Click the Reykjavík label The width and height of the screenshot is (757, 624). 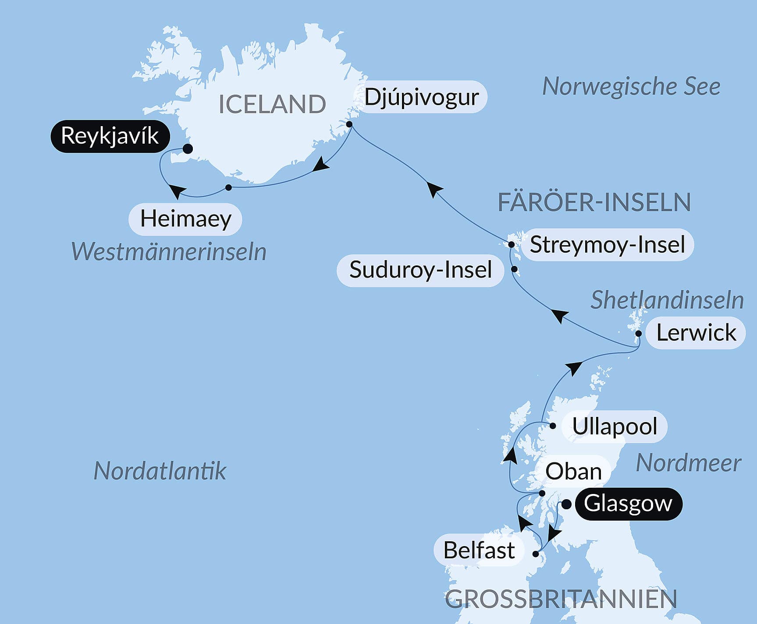pos(110,136)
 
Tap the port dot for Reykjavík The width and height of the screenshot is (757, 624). pos(188,149)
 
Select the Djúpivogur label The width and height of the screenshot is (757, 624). pos(421,97)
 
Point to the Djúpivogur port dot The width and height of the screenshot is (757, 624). pos(349,124)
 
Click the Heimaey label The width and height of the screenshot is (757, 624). pos(185,219)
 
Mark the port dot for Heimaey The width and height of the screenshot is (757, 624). pos(228,187)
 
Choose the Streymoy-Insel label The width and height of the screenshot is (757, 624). pos(607,245)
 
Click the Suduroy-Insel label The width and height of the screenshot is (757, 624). pos(420,270)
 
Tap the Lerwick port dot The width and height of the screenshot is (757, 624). pos(639,334)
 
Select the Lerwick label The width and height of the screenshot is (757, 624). pos(696,333)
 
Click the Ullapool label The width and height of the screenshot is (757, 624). pos(615,427)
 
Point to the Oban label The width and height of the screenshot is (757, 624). pos(573,472)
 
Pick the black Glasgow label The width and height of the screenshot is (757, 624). pos(628,504)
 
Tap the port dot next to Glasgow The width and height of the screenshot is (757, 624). pos(566,504)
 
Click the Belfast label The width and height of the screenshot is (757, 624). pos(479,550)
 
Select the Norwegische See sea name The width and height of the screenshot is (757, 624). pos(631,87)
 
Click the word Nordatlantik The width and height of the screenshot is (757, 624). pos(160,471)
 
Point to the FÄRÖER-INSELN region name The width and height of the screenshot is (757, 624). pos(594,202)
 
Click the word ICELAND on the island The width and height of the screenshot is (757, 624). pos(272,104)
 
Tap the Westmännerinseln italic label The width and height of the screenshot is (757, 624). pos(169,252)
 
